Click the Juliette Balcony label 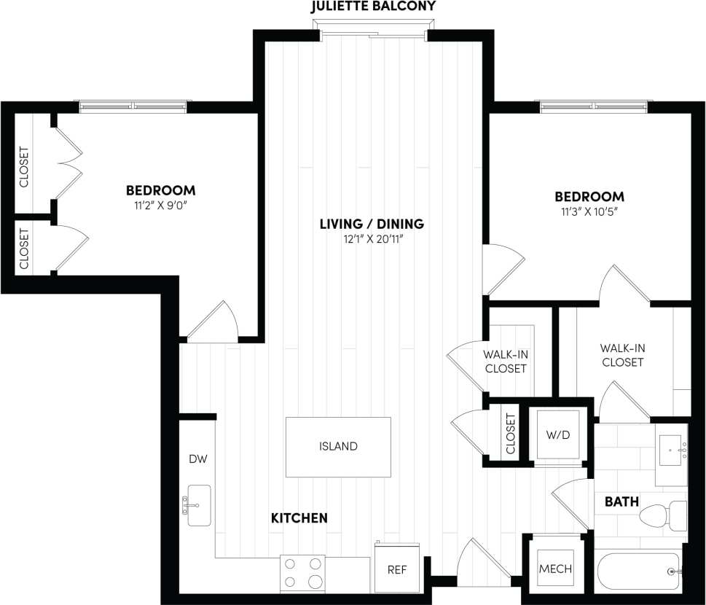(x=373, y=7)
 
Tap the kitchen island (x=338, y=446)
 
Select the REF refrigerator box (x=396, y=569)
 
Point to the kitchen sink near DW (x=198, y=505)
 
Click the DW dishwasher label (x=197, y=459)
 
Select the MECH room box (x=554, y=569)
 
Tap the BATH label (x=621, y=501)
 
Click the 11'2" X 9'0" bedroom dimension (x=161, y=205)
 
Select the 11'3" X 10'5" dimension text (x=589, y=211)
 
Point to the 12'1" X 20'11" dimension (x=372, y=238)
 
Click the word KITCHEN (x=299, y=518)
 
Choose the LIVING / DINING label (x=372, y=224)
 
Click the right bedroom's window (x=595, y=106)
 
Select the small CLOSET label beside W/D (x=510, y=434)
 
